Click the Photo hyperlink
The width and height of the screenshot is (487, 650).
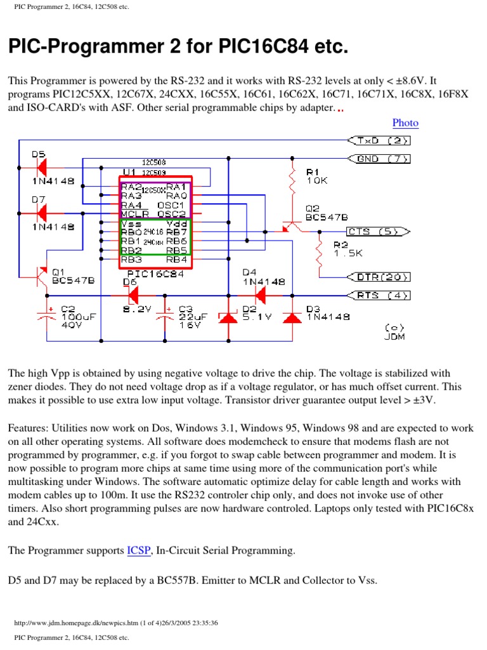click(x=405, y=123)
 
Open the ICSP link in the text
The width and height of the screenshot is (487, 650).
click(x=139, y=550)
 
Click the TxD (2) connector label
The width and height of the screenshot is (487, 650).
click(x=379, y=141)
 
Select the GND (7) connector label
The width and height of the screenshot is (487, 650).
click(x=379, y=159)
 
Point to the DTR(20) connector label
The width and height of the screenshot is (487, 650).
click(x=379, y=277)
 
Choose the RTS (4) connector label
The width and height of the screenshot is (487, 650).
click(x=379, y=295)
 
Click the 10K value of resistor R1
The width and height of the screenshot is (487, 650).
click(x=317, y=181)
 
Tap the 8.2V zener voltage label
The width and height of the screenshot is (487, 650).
click(x=138, y=309)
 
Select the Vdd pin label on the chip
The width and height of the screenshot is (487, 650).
click(x=176, y=224)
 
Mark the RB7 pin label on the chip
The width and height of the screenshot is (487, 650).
click(x=176, y=233)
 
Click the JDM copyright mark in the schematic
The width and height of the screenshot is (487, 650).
click(x=394, y=332)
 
